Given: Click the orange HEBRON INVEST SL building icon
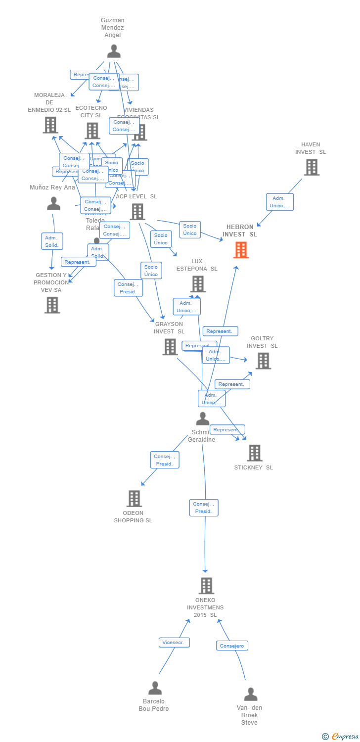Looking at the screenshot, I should point(241,250).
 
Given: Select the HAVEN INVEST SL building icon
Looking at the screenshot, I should point(311,167).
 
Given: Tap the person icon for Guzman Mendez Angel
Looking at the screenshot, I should point(114,51).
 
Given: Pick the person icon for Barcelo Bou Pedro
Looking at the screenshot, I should point(155,688).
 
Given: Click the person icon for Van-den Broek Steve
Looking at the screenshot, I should point(250,694).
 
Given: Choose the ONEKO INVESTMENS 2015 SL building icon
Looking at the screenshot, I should point(206,586).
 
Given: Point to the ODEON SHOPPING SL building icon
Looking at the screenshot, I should point(134,499).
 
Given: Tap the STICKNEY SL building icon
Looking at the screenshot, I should point(254,453).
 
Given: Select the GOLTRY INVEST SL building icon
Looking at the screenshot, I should point(263,361).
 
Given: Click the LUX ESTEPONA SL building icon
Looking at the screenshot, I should point(198,284).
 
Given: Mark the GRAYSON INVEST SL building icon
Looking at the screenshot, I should point(170,347).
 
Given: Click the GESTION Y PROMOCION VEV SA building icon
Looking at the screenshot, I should point(52,305).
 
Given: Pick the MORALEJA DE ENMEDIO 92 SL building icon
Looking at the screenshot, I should point(50,125).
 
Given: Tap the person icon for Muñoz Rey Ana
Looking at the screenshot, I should point(53,203).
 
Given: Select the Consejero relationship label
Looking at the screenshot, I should point(232,646).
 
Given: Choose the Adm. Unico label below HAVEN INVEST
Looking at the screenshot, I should point(279,202).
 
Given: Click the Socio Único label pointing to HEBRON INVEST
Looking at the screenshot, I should point(190,230).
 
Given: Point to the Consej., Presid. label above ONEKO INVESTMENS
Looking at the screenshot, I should point(203,508).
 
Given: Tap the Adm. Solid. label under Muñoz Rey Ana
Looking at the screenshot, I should point(52,241).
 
